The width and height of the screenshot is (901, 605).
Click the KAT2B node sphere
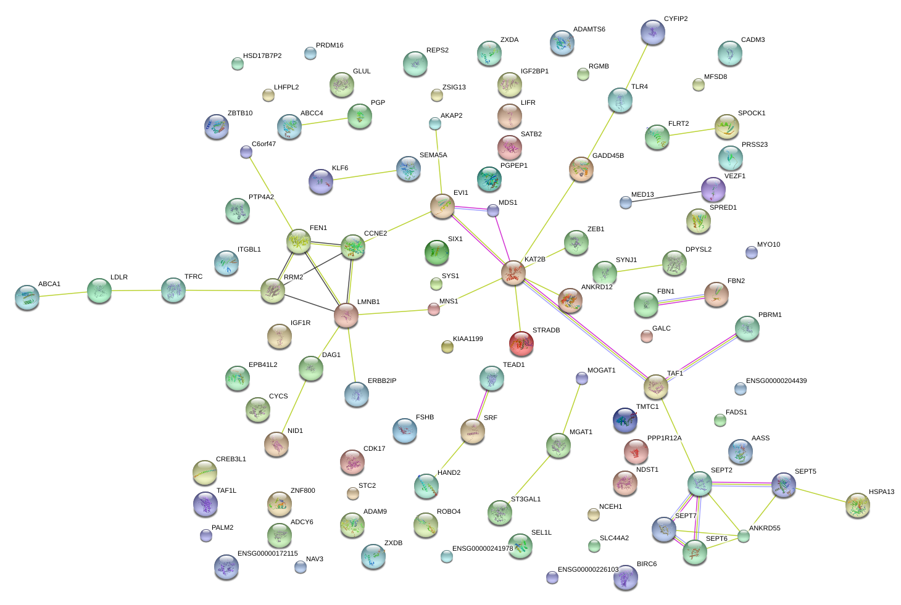(x=513, y=273)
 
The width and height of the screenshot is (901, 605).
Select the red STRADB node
(x=521, y=344)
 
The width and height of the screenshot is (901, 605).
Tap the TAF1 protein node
(x=655, y=387)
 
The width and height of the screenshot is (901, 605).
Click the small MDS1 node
(x=492, y=211)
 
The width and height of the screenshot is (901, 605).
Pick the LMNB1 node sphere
(x=346, y=315)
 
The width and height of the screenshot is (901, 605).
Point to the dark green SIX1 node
(x=437, y=252)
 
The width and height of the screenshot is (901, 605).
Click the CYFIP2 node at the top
(x=653, y=32)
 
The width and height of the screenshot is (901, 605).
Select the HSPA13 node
(x=857, y=505)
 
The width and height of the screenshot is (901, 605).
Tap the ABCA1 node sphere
(x=27, y=297)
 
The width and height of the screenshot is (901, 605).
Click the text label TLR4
(x=639, y=87)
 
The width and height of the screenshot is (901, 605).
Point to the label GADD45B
(x=608, y=156)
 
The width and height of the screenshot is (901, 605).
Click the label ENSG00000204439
(x=776, y=381)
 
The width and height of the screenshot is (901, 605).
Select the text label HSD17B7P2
(x=262, y=56)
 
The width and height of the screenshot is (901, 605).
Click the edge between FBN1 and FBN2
(x=681, y=300)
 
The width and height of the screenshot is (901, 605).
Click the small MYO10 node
(x=751, y=252)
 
